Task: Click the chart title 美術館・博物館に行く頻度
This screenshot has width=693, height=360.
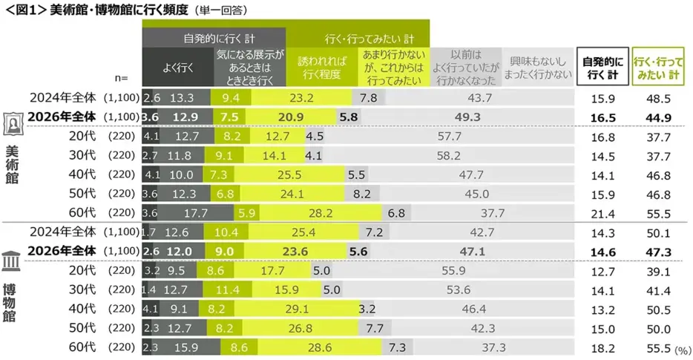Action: click(119, 10)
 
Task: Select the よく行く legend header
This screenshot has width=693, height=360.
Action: click(178, 68)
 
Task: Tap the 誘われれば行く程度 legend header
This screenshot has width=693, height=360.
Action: click(322, 68)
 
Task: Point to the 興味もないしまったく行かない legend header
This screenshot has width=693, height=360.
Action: click(537, 68)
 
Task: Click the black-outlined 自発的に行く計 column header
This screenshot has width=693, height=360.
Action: click(602, 66)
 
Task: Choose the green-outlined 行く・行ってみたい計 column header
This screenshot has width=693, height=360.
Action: click(658, 66)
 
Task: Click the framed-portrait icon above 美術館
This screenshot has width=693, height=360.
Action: click(12, 124)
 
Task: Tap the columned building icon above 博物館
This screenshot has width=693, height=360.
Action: click(11, 261)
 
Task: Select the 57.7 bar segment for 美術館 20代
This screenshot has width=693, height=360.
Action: click(449, 137)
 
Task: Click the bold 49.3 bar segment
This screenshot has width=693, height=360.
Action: click(467, 117)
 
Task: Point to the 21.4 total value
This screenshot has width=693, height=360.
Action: click(602, 214)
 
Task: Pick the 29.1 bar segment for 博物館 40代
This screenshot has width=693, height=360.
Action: click(297, 309)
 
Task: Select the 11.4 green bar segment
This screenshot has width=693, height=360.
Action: click(228, 289)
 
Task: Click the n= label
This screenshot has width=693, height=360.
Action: click(121, 78)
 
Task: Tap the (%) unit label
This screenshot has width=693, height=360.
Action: click(683, 350)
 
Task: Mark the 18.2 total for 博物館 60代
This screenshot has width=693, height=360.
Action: click(602, 349)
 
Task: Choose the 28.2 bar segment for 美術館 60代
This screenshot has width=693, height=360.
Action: click(321, 213)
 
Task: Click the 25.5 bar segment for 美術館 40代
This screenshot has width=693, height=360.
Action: click(289, 174)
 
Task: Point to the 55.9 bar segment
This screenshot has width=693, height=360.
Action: click(453, 271)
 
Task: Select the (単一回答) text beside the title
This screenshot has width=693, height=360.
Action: click(220, 10)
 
